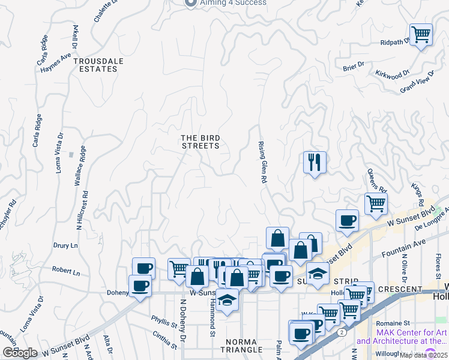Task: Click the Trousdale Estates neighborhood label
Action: (x=95, y=65)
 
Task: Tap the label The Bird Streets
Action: (x=200, y=141)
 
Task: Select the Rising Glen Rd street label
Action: (x=261, y=162)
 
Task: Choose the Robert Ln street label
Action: (x=66, y=271)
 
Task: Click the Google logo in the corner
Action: (x=20, y=353)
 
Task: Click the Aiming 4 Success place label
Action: (x=224, y=3)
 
